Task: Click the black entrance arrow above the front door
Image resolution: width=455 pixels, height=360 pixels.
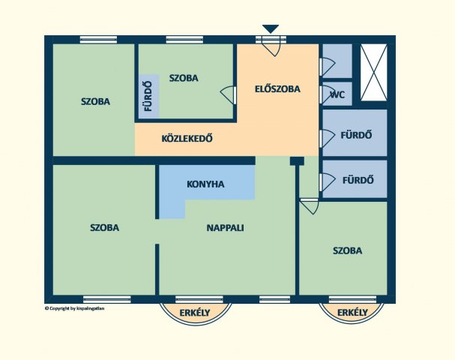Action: click(x=271, y=28)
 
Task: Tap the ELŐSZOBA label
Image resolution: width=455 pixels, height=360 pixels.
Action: click(x=277, y=88)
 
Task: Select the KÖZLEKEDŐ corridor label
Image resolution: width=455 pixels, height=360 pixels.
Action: click(x=187, y=138)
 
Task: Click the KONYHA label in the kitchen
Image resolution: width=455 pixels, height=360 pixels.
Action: click(x=205, y=184)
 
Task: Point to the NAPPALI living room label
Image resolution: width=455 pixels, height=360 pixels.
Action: click(x=225, y=228)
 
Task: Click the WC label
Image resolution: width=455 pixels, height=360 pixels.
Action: click(x=338, y=94)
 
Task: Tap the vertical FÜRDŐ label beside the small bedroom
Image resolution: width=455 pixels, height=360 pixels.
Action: click(x=148, y=96)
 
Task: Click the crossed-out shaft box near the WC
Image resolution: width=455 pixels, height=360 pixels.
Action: click(x=374, y=73)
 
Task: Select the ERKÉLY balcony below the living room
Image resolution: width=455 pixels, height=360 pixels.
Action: click(x=195, y=313)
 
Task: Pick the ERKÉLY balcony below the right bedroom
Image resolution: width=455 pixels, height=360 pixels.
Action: click(x=352, y=313)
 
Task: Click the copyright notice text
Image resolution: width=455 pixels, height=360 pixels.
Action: click(x=74, y=308)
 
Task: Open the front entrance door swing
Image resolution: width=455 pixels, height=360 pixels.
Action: click(x=271, y=46)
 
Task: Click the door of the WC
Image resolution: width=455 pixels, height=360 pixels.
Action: click(x=328, y=94)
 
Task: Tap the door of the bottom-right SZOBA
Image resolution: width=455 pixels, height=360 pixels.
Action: click(x=310, y=206)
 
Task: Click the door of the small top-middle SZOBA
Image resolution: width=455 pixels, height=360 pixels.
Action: click(x=228, y=94)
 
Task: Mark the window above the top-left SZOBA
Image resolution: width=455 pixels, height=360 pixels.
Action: click(x=98, y=40)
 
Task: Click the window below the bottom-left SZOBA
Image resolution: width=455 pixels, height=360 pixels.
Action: click(x=106, y=299)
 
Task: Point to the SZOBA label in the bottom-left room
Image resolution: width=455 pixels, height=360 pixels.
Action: click(x=104, y=227)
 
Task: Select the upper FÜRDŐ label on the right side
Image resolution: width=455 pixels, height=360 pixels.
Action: click(x=356, y=135)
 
